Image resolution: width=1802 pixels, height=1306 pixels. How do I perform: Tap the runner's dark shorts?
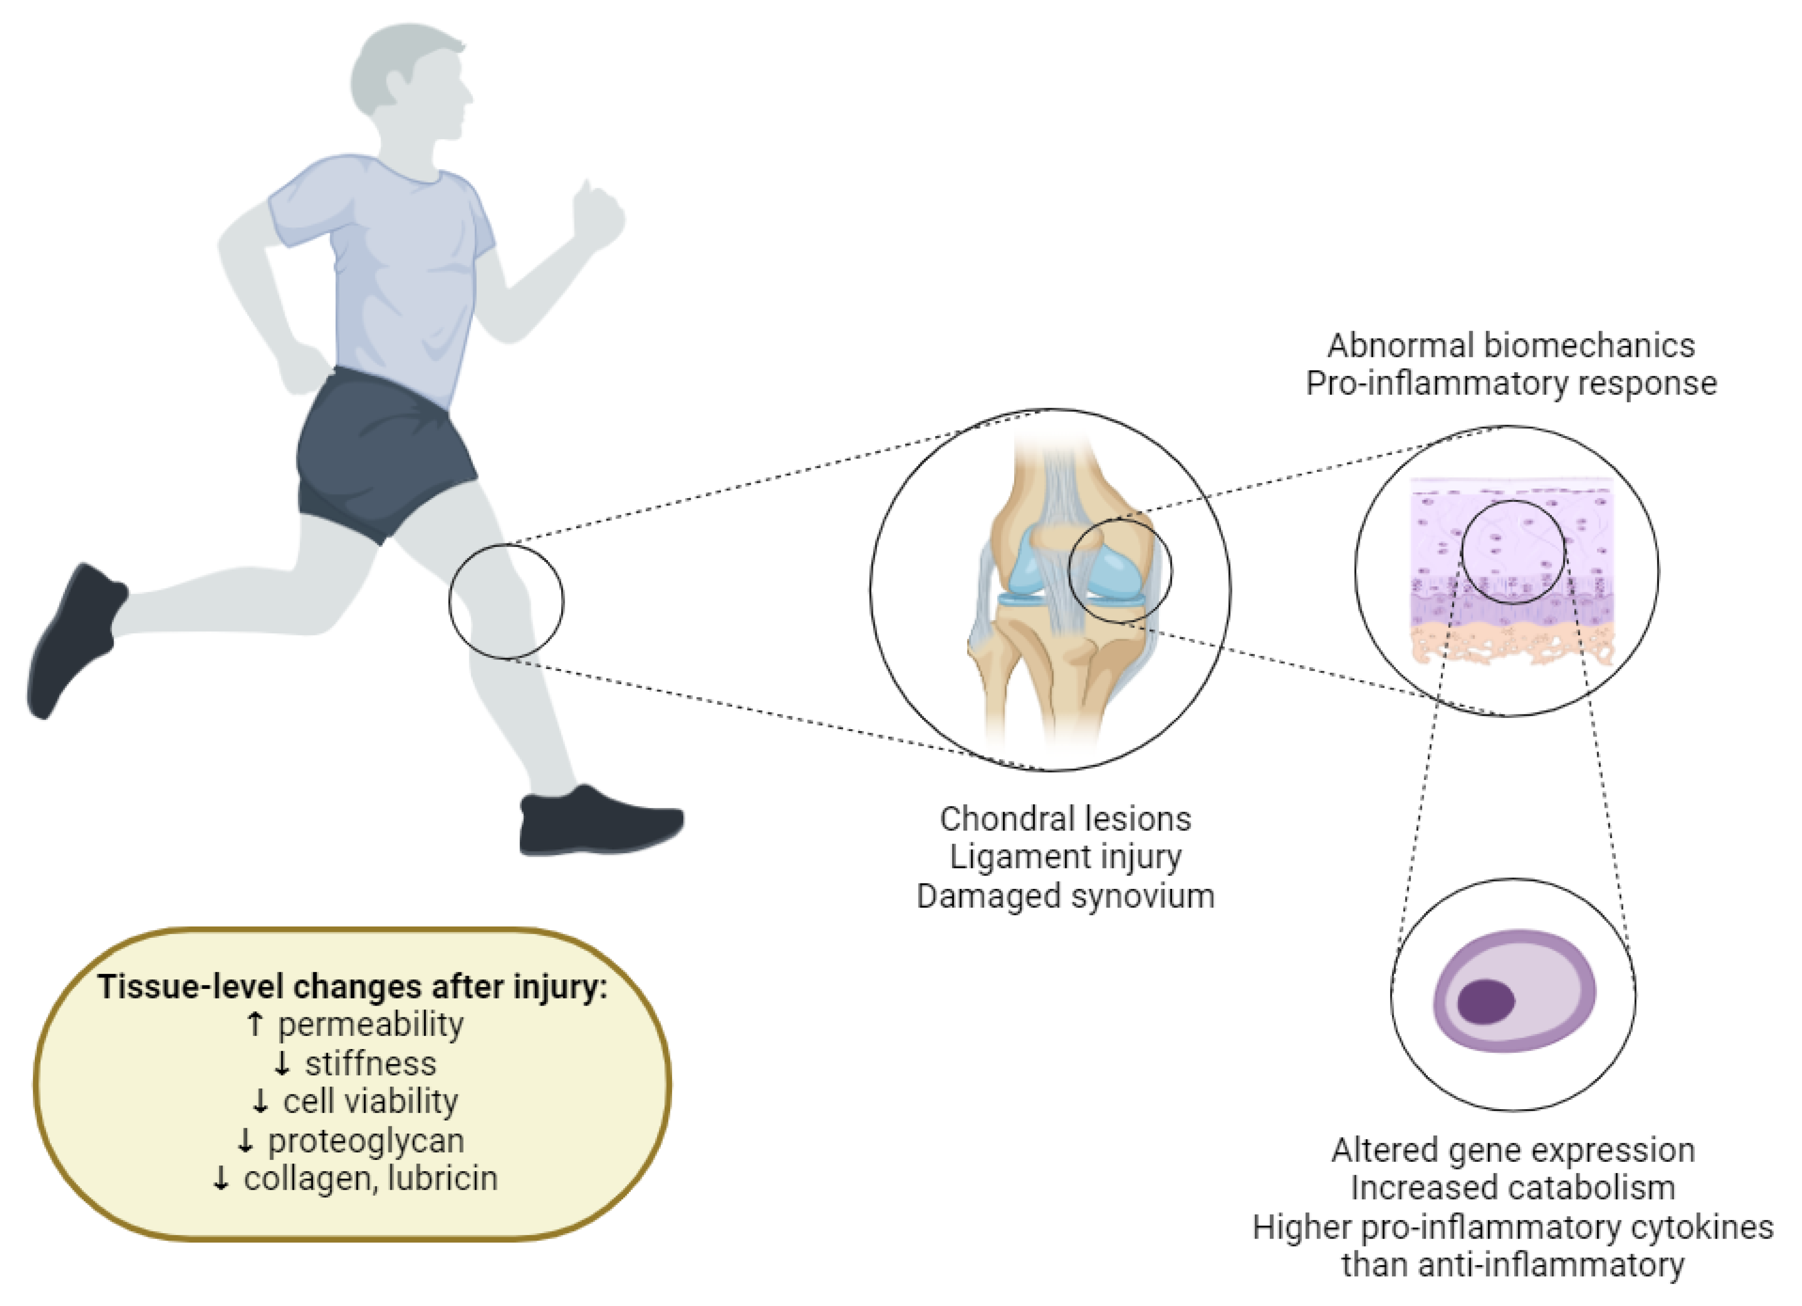click(x=381, y=453)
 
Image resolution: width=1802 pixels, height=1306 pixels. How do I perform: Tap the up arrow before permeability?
click(x=254, y=1024)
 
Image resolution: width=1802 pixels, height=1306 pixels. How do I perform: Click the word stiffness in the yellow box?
click(x=370, y=1063)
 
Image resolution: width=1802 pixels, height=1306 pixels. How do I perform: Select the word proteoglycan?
click(x=366, y=1140)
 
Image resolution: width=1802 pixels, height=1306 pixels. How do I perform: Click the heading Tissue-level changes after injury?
click(x=352, y=986)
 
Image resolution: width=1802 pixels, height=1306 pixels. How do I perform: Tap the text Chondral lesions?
click(x=1065, y=818)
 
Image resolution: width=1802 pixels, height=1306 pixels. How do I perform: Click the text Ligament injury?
click(x=1065, y=856)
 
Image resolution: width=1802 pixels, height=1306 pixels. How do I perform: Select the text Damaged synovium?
click(x=1065, y=895)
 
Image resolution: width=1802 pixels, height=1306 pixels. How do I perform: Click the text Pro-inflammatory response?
click(x=1511, y=383)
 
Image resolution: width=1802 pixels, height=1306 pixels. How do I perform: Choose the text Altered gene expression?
click(x=1513, y=1149)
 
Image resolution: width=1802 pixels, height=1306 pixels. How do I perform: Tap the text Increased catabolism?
click(x=1513, y=1187)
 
